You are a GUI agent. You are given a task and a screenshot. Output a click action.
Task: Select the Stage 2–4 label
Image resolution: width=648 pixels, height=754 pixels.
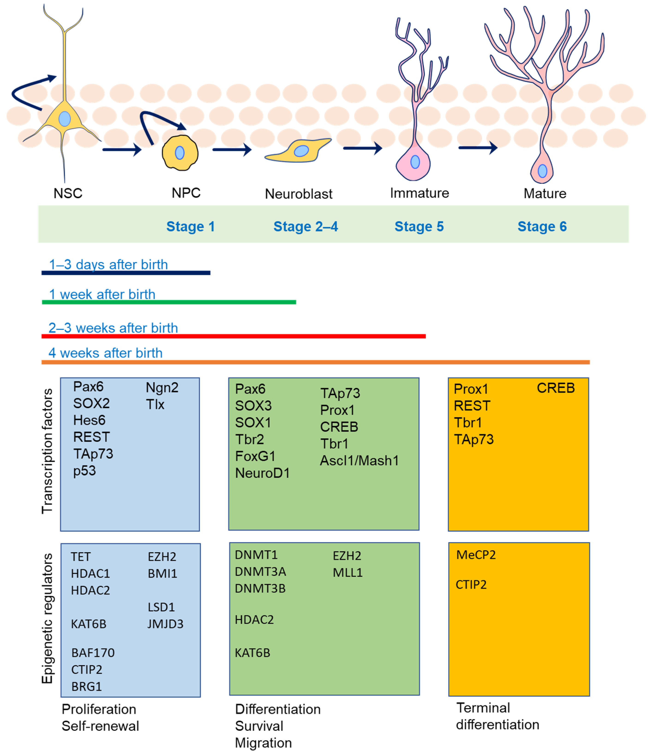305,226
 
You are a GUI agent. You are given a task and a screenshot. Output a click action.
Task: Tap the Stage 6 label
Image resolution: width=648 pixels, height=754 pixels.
542,226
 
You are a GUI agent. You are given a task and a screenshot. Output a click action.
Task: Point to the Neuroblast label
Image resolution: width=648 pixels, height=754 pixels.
299,194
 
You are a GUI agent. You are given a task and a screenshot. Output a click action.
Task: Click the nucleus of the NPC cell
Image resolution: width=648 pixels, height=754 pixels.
179,153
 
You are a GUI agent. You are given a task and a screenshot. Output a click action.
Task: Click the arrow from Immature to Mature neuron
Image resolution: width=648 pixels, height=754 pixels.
477,147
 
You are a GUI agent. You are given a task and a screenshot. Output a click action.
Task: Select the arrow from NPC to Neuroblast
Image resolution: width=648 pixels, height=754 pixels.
232,149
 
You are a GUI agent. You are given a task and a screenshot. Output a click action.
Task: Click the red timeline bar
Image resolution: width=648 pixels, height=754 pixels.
233,336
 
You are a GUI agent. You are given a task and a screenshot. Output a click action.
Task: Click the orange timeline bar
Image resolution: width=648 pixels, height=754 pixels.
315,362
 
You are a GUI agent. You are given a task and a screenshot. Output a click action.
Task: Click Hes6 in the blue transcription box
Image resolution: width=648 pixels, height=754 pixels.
89,420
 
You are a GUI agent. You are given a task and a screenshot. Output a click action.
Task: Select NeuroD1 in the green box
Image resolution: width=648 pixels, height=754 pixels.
262,473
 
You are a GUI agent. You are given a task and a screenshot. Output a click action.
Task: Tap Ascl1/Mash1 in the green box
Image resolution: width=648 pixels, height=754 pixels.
359,461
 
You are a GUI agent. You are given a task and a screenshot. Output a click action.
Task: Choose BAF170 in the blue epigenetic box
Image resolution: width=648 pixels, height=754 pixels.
93,653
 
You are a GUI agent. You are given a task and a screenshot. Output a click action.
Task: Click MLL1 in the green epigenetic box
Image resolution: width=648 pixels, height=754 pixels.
347,573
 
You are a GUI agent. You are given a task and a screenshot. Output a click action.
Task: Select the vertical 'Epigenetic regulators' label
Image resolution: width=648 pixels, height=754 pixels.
47,619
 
